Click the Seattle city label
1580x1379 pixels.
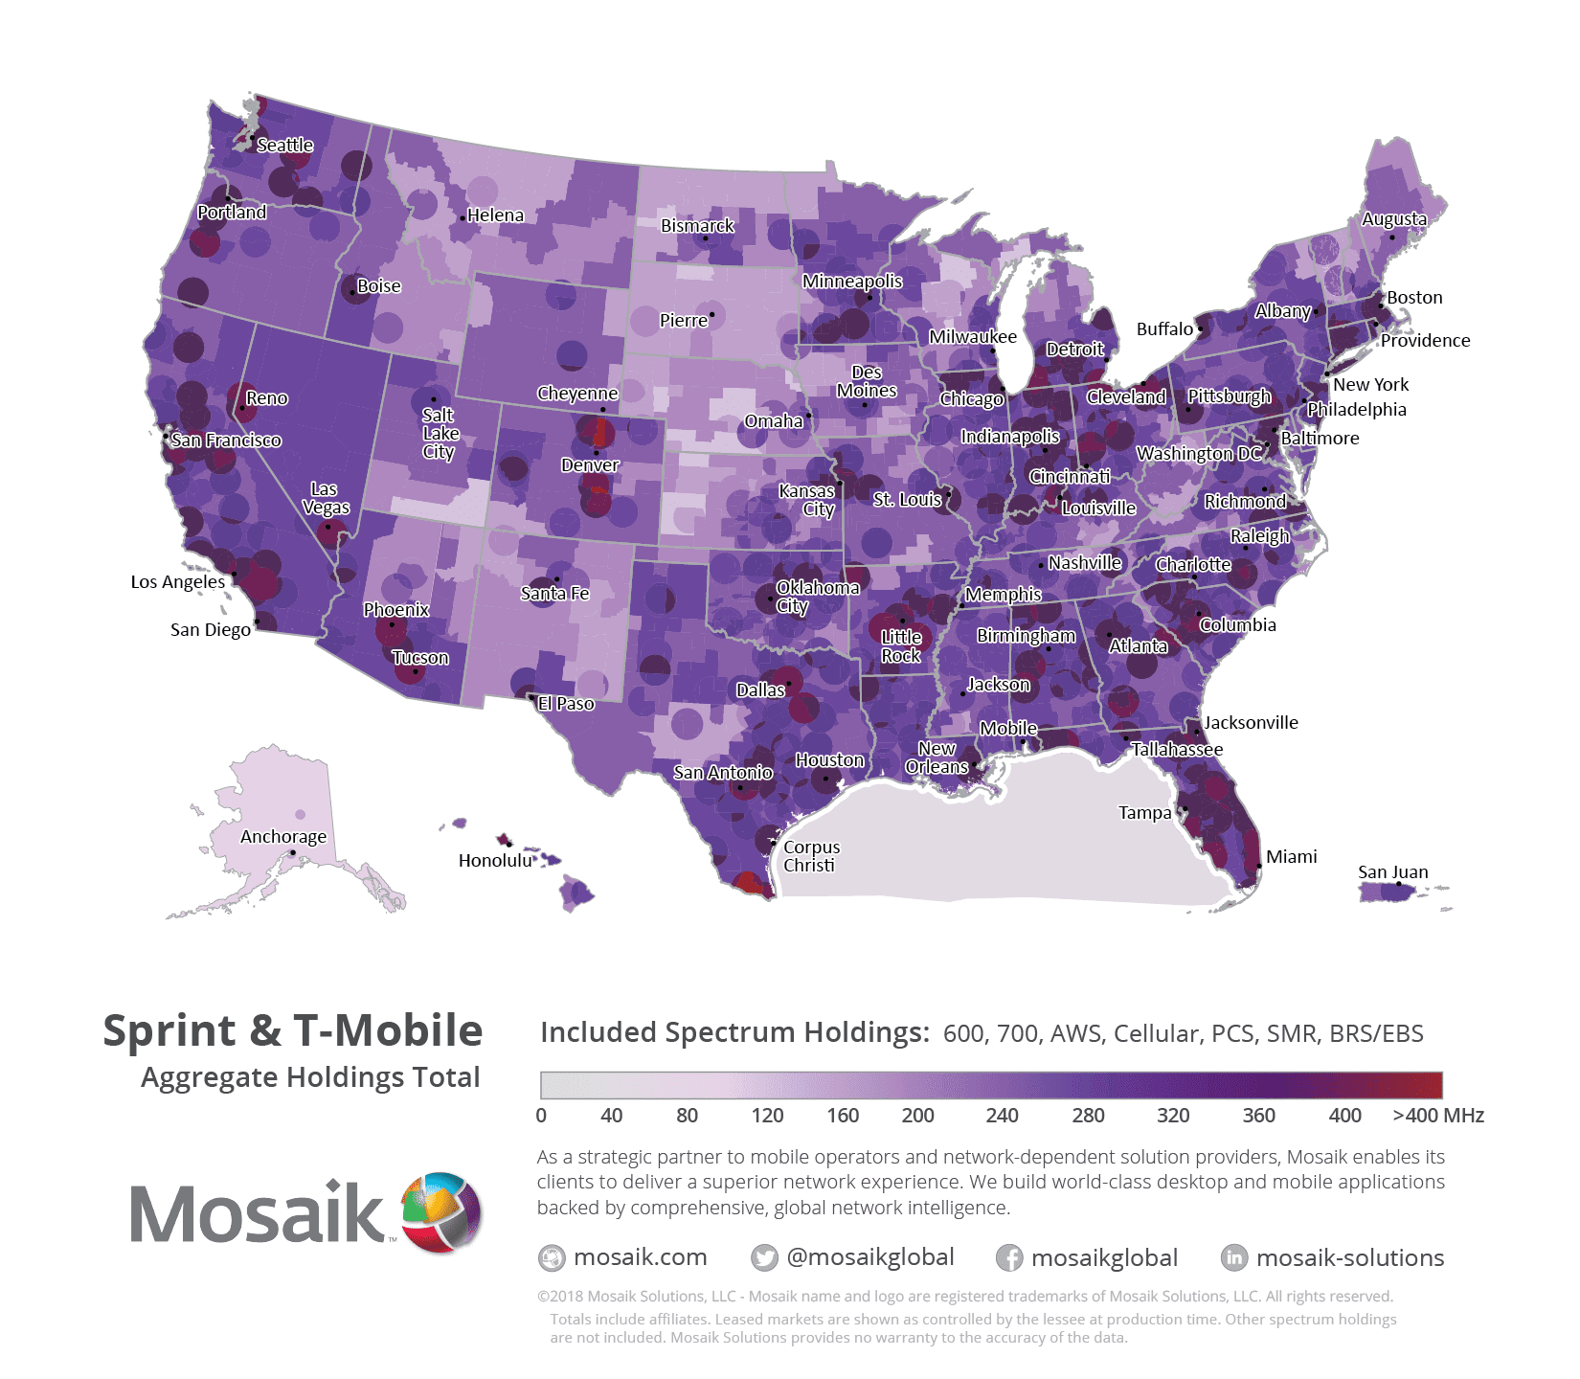[x=284, y=146]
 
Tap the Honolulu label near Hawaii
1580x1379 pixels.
[x=494, y=860]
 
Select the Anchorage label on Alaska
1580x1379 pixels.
[x=282, y=836]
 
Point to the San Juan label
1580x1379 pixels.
[x=1392, y=871]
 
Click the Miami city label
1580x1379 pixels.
[x=1291, y=856]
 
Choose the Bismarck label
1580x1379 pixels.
[x=696, y=226]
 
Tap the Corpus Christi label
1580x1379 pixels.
[x=810, y=856]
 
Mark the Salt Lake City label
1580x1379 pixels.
[x=440, y=433]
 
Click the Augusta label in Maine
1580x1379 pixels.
[x=1393, y=218]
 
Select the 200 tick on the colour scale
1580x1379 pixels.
[x=917, y=1115]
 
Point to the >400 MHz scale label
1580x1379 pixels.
[x=1437, y=1115]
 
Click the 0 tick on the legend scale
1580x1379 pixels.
[x=541, y=1115]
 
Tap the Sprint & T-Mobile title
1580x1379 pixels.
[x=292, y=1030]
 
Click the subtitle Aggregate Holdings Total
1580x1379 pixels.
[x=309, y=1077]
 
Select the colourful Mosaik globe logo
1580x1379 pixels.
[x=441, y=1211]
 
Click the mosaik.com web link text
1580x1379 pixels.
[x=640, y=1257]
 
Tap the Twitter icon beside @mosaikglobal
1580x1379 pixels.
[x=763, y=1257]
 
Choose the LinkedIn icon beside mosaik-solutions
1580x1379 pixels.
[x=1233, y=1257]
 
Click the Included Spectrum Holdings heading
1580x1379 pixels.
[x=734, y=1032]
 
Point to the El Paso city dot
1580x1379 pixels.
[x=532, y=698]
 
